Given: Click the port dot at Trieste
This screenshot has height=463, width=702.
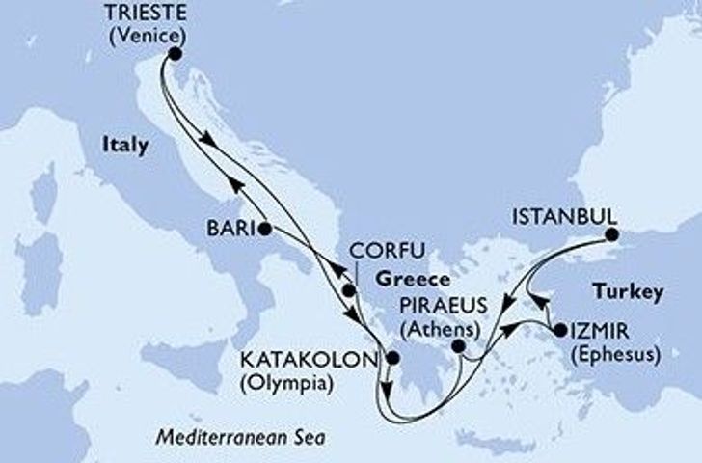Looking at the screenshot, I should (173, 54).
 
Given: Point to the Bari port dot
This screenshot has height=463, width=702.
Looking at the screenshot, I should (264, 229).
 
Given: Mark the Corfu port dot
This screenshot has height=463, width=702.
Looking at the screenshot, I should (349, 289).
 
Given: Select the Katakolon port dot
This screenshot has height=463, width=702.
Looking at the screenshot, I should (391, 360).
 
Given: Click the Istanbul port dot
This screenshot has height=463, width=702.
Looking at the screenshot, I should (610, 232).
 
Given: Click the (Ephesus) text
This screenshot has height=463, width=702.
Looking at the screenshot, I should (613, 354).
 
